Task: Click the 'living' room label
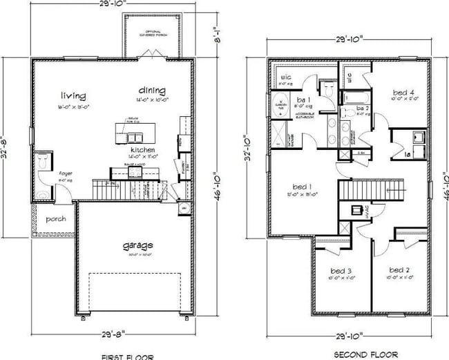tap(73, 95)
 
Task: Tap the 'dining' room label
tap(151, 90)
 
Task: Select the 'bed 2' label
tap(399, 269)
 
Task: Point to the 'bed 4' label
tap(403, 92)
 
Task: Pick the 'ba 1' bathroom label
tap(302, 100)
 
